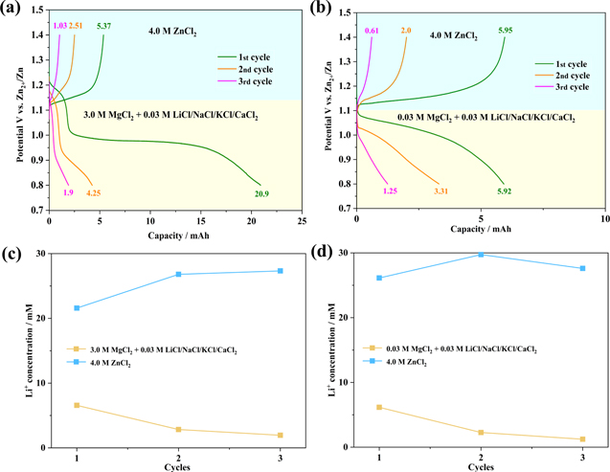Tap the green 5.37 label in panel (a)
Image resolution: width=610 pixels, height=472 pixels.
(x=103, y=25)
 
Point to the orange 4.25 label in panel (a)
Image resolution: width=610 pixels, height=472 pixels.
(x=93, y=192)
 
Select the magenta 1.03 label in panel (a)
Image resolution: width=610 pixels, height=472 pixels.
(x=59, y=25)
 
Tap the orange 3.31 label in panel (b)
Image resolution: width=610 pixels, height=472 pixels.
(x=441, y=191)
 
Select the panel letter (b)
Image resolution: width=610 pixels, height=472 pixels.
(x=321, y=11)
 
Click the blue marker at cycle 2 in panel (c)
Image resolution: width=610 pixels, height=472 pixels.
(x=177, y=275)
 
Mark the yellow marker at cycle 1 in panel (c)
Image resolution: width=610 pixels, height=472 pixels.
(x=76, y=405)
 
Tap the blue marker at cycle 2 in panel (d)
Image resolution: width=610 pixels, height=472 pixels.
(x=481, y=255)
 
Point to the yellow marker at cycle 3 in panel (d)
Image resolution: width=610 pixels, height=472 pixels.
(x=581, y=439)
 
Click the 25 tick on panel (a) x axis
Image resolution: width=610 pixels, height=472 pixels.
(x=301, y=220)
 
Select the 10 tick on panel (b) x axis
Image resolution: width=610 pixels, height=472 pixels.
(x=604, y=219)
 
